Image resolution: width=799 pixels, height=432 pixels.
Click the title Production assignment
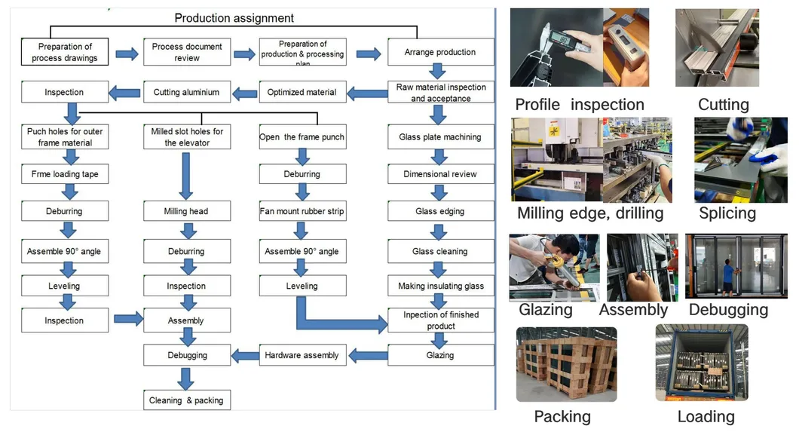(234, 18)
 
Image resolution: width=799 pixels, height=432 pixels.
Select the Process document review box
(187, 52)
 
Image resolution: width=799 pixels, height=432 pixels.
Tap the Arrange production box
(440, 52)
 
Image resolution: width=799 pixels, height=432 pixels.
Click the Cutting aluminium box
(186, 93)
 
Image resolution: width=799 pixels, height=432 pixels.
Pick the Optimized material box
(302, 93)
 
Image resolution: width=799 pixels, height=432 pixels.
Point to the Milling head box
(186, 212)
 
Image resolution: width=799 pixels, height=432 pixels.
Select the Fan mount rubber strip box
(302, 212)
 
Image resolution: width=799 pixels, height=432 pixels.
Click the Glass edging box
(440, 212)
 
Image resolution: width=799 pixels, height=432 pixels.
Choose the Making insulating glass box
(440, 286)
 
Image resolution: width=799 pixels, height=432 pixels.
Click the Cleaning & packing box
(186, 400)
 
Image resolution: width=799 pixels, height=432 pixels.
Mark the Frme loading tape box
(64, 174)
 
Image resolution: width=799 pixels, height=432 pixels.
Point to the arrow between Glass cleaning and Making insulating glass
(440, 268)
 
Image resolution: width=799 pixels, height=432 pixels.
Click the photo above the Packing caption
(566, 364)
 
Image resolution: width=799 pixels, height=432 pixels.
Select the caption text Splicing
(727, 213)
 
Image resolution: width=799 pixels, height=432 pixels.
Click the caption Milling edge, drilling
(589, 213)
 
